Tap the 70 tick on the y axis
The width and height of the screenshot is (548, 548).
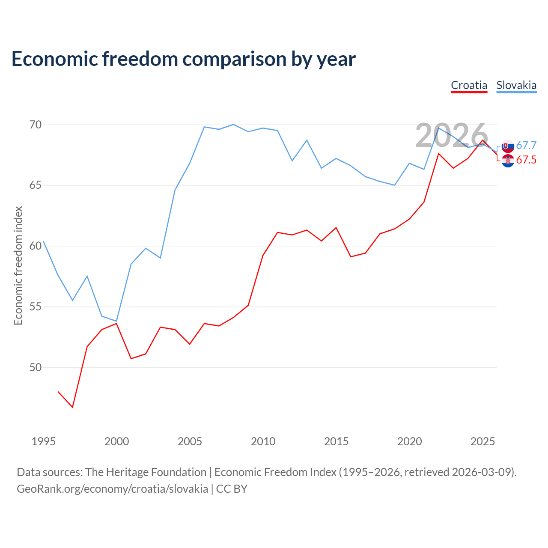(35, 125)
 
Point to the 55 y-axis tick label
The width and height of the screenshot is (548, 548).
(35, 307)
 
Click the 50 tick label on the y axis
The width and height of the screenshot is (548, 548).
(35, 367)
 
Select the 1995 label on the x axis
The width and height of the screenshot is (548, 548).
(44, 441)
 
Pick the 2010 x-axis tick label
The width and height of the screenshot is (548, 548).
(263, 441)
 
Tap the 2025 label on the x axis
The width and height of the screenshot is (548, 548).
(482, 441)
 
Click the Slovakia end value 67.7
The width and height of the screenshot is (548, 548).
(526, 145)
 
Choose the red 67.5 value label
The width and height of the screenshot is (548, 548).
(526, 160)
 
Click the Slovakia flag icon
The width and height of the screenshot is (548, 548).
(508, 146)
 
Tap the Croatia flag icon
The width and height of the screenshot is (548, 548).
(508, 161)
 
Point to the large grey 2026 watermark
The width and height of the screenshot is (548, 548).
(452, 135)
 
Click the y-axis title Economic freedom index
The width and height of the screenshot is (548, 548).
(18, 265)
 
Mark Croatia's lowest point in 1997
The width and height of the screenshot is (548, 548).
(73, 407)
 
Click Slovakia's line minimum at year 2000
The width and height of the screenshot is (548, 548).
(116, 321)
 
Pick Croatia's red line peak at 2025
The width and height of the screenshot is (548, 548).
(482, 140)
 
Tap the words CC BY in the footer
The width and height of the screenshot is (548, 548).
(232, 489)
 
